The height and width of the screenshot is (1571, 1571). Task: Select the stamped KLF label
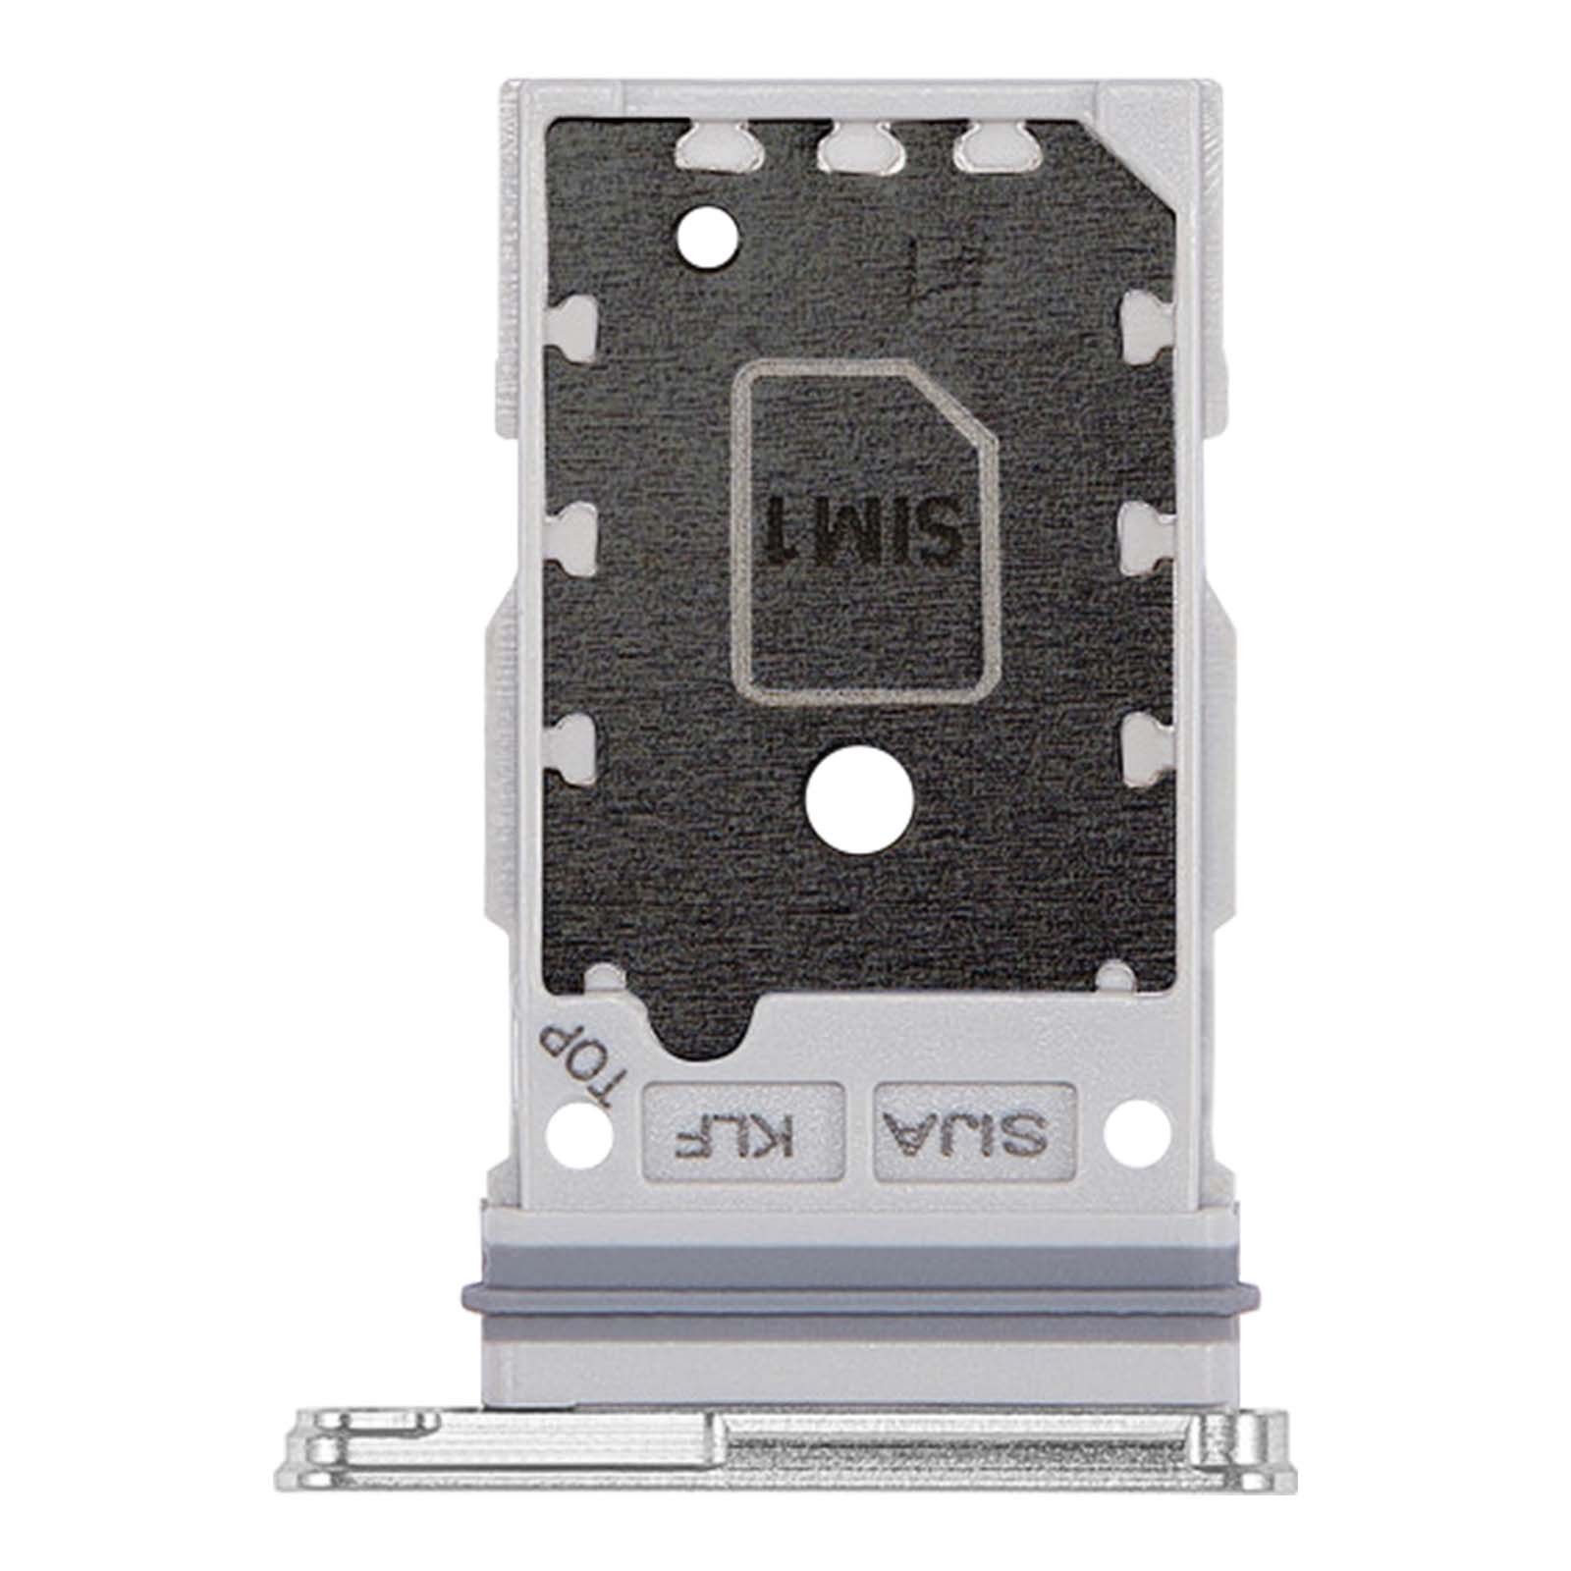point(743,1131)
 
